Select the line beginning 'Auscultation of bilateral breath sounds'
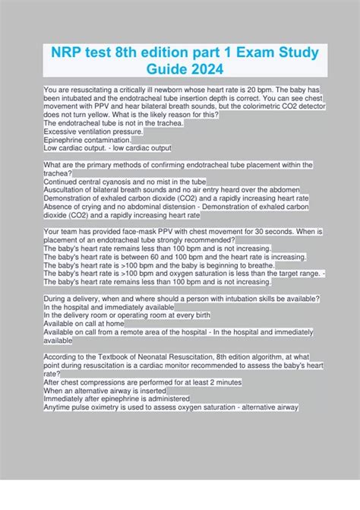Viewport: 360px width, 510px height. pos(172,189)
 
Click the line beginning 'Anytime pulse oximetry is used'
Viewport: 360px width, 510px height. pos(171,407)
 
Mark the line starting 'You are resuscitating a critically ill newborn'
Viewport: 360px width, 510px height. pos(175,89)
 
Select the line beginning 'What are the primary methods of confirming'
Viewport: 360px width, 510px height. pos(178,164)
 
